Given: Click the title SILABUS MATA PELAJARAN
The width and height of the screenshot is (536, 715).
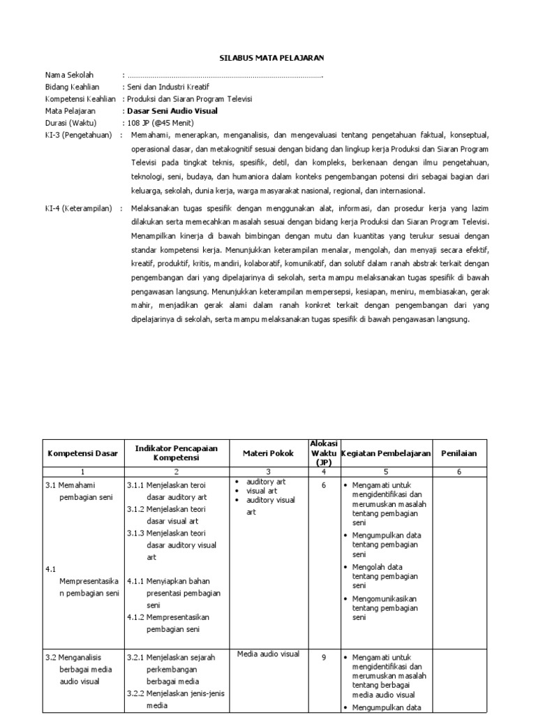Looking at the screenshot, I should (x=268, y=57).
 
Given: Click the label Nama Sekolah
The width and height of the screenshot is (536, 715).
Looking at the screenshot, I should (x=69, y=75).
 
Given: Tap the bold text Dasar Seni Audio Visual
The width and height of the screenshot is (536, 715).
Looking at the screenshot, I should (x=172, y=110).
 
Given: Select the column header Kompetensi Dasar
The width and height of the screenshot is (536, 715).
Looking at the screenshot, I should (x=82, y=454).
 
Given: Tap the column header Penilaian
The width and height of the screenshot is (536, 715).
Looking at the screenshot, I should (x=459, y=454).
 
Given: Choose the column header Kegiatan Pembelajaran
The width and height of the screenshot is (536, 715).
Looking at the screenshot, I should (x=385, y=454).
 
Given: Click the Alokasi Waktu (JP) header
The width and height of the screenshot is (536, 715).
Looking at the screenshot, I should (x=323, y=453).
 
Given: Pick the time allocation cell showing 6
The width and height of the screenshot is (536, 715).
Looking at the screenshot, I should (x=324, y=485).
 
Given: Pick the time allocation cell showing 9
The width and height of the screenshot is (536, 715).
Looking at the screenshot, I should (x=324, y=657).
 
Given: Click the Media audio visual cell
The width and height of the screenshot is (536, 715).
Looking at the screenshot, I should (x=268, y=654).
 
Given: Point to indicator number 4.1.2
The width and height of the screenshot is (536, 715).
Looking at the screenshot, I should (x=136, y=617).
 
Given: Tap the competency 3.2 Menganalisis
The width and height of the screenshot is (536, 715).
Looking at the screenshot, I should (x=73, y=657).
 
